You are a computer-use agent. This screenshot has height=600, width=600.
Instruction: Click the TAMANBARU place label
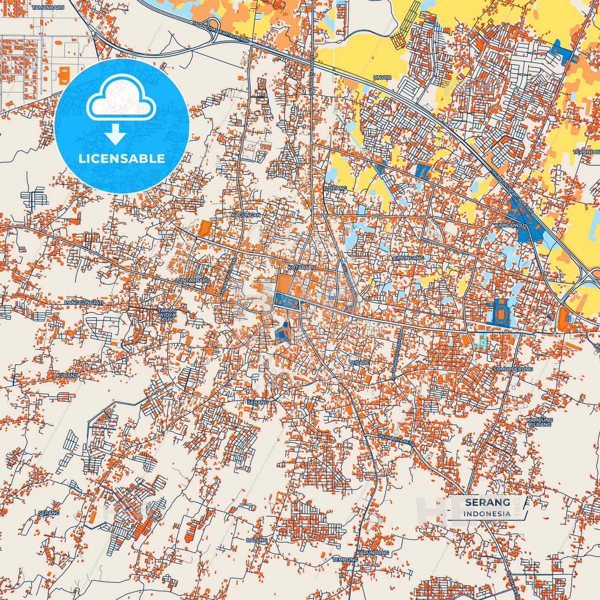(48, 7)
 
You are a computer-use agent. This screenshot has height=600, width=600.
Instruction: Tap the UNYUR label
(382, 78)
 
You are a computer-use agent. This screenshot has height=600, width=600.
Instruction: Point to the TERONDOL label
(586, 152)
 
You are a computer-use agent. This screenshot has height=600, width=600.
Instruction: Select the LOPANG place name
(336, 188)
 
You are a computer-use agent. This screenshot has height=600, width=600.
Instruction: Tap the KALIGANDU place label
(510, 225)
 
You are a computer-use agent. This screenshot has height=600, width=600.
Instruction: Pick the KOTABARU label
(302, 267)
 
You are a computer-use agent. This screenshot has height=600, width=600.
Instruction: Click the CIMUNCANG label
(409, 258)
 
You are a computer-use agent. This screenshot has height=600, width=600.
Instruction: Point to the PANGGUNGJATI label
(83, 303)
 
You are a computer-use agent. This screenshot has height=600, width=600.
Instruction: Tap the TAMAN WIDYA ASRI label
(167, 315)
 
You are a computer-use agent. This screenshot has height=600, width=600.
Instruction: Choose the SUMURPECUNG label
(513, 369)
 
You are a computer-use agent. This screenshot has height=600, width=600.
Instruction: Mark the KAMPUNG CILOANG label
(540, 422)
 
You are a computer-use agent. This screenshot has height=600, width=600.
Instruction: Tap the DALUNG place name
(257, 540)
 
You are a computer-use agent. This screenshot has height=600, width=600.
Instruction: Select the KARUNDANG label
(372, 553)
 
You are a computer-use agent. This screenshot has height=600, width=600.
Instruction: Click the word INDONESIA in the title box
(487, 514)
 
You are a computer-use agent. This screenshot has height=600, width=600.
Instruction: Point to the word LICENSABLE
(122, 158)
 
